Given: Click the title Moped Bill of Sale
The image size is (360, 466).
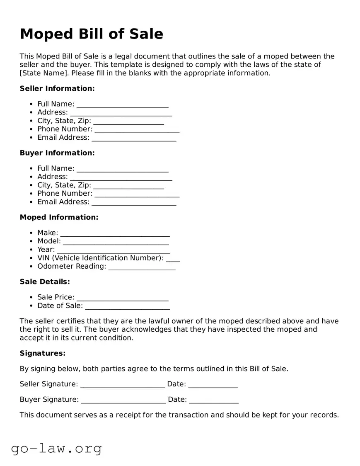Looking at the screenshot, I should tap(92, 34).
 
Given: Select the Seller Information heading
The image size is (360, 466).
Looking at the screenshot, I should tap(57, 88).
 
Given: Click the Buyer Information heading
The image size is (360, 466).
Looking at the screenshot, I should tap(57, 153).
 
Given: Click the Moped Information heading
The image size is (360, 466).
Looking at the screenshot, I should tap(59, 217).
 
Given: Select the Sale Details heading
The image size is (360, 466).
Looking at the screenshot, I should tap(45, 282).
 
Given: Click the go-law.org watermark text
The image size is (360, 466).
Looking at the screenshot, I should tap(56, 448).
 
